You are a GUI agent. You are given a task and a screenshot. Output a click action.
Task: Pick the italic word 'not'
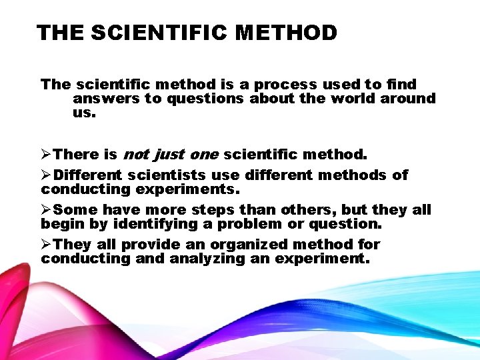click(136, 155)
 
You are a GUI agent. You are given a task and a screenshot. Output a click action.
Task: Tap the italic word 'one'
click(203, 155)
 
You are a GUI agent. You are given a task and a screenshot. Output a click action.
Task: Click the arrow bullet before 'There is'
click(46, 155)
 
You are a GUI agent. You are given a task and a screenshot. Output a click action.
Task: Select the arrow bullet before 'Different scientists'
click(46, 175)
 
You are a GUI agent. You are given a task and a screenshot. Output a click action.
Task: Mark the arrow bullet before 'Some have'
click(46, 210)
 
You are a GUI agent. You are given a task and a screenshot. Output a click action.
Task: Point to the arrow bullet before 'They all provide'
click(46, 245)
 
